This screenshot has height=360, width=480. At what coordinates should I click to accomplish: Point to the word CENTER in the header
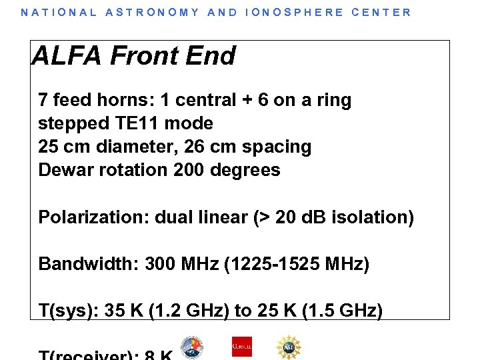(x=382, y=12)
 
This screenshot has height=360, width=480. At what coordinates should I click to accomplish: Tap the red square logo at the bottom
(x=241, y=347)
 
